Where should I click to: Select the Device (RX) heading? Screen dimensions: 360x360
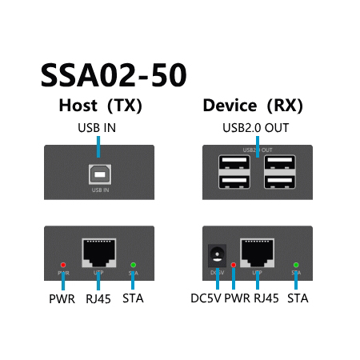(252, 106)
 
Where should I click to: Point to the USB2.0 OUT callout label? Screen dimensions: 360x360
(256, 127)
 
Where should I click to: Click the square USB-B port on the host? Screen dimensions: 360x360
(99, 174)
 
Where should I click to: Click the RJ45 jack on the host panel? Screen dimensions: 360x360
(98, 253)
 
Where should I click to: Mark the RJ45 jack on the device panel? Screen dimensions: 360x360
(257, 253)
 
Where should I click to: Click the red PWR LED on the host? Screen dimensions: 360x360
(64, 264)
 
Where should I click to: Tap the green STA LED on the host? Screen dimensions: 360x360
(134, 264)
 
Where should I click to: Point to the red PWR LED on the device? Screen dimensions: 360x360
(234, 264)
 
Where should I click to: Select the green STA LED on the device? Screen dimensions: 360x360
(296, 264)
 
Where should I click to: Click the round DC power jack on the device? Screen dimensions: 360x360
(215, 256)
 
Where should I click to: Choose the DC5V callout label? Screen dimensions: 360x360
(206, 300)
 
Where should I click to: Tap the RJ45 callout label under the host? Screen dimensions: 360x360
(98, 300)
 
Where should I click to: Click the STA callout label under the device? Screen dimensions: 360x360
(297, 300)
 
